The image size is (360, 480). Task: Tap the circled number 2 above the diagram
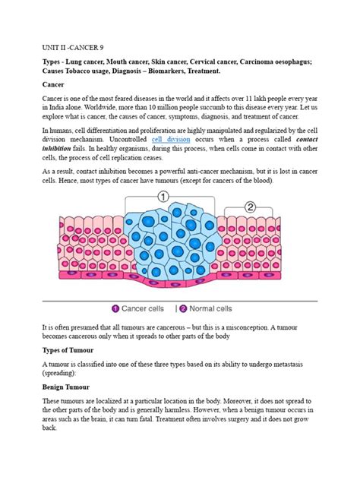click(x=251, y=207)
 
